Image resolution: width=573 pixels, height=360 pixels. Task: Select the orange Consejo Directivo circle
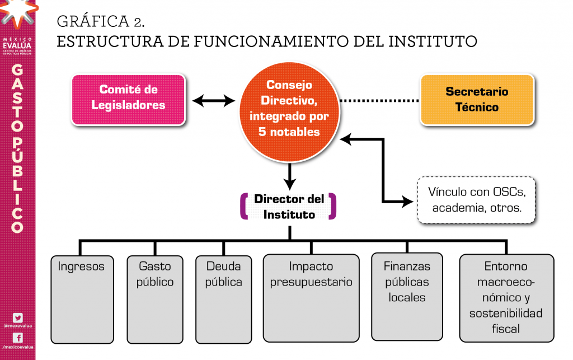pos(289,109)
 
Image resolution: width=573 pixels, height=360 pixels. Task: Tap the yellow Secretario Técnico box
pos(477,99)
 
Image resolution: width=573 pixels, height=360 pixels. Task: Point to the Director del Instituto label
pos(289,206)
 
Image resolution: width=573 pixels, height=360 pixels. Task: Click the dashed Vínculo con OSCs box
pos(476,200)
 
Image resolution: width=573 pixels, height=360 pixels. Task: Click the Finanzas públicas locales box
pos(407,297)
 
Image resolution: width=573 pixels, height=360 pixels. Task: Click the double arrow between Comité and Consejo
pos(213,101)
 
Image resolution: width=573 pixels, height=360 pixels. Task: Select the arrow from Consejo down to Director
pos(289,177)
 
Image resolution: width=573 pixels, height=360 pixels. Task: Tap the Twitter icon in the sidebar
pos(17,317)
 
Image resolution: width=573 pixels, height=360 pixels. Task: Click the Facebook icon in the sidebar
pos(17,338)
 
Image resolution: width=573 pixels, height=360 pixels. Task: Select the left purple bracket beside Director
pos(243,206)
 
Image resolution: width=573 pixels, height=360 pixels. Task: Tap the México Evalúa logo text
pos(17,45)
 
